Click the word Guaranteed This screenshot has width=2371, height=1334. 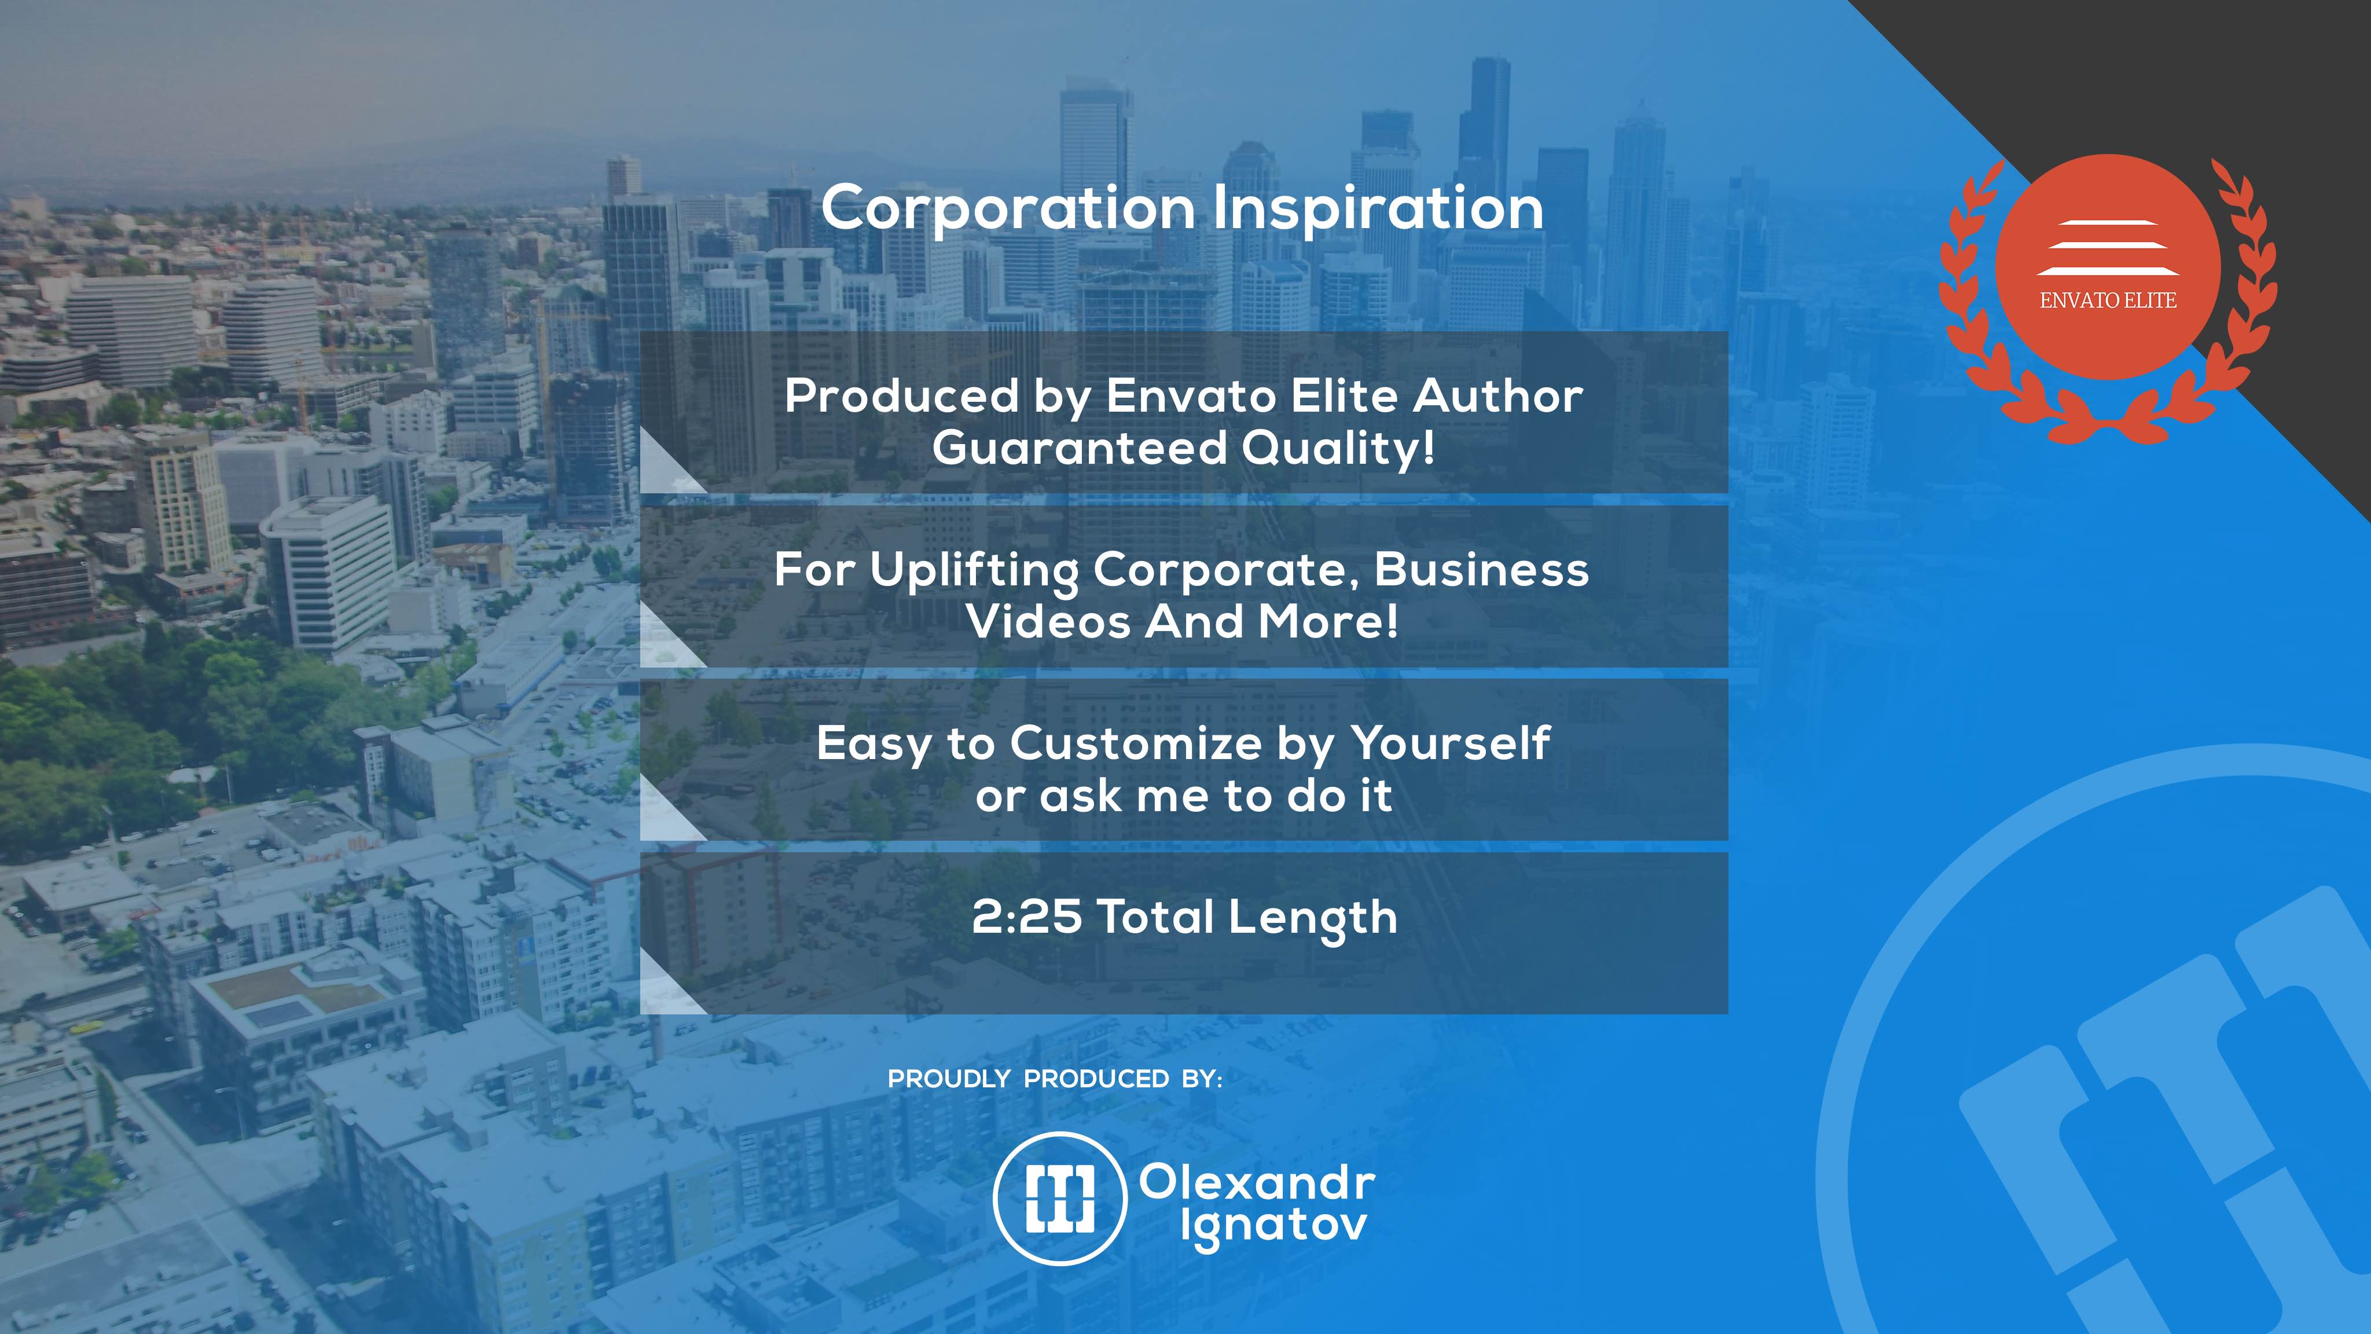coord(1080,448)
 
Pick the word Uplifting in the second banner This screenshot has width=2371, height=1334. coord(974,571)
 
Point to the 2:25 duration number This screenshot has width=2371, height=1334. coord(1026,917)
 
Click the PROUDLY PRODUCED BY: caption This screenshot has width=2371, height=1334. coord(1055,1079)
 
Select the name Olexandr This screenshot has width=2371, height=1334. coord(1257,1182)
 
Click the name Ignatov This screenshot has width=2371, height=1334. coord(1274,1227)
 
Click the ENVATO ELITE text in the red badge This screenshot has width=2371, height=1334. coord(2108,300)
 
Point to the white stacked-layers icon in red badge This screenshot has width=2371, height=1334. coord(2108,248)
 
